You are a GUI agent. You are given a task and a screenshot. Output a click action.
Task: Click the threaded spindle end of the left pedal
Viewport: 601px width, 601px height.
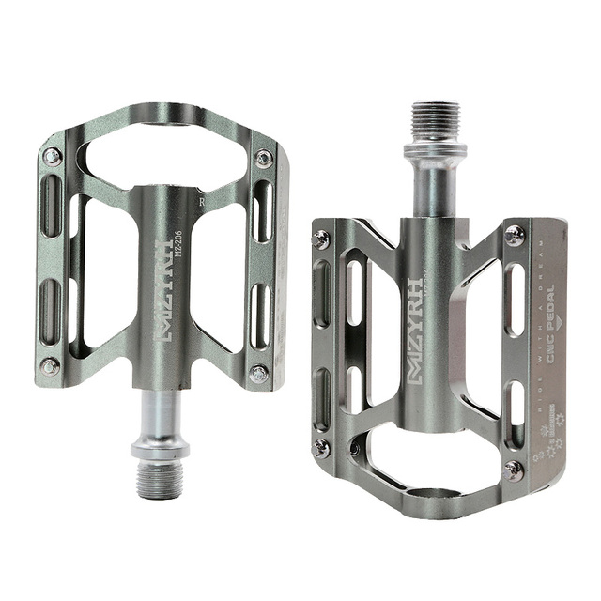tap(159, 480)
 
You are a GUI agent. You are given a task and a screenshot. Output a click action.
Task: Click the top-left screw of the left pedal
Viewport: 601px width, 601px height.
tap(53, 156)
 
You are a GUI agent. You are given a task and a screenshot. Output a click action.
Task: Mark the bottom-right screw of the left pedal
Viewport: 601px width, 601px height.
tap(258, 374)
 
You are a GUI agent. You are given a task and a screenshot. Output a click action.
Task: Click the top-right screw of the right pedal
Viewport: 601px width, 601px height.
tap(514, 235)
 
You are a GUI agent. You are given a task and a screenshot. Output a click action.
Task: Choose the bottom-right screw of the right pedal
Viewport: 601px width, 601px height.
tap(514, 470)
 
